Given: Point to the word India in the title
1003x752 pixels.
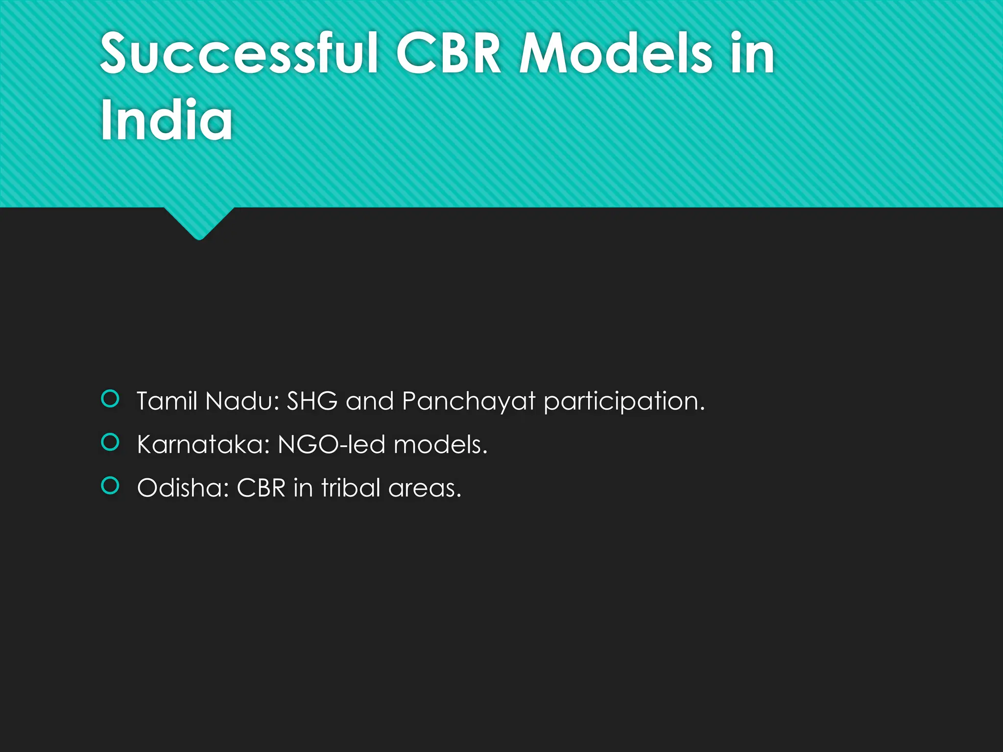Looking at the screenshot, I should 167,120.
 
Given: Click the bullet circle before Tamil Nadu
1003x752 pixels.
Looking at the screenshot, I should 110,399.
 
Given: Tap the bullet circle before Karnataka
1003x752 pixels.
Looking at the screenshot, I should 110,442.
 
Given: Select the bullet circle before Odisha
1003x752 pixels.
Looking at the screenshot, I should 110,486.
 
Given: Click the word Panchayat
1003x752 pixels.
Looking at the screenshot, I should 468,401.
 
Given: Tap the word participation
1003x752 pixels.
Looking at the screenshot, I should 624,401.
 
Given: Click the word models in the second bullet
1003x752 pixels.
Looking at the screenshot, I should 440,445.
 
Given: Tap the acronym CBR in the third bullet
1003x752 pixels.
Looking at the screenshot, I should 261,488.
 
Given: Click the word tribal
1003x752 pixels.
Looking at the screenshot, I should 351,488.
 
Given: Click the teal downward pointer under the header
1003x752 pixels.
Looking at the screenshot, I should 199,223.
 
